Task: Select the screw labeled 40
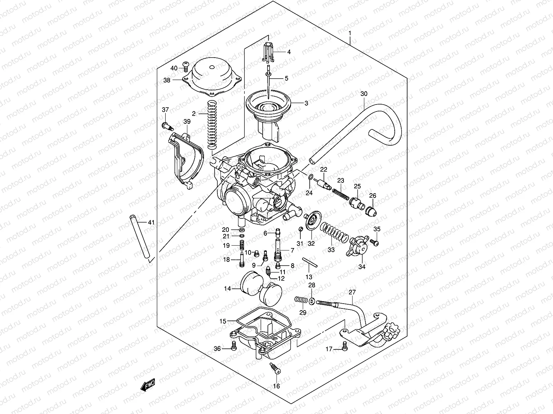click(186, 64)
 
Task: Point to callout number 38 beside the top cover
click(177, 80)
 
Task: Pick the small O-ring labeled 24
click(310, 177)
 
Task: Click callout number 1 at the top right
click(350, 33)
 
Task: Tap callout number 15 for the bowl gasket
click(223, 321)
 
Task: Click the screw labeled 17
click(344, 346)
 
